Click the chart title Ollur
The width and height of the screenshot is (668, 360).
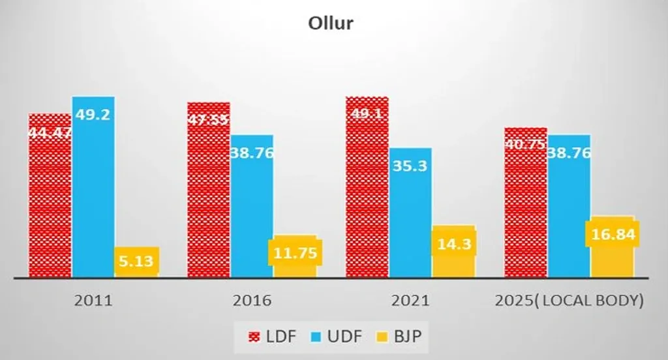(330, 23)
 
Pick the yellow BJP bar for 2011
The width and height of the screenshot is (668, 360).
(136, 262)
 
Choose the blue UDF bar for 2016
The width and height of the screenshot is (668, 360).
(252, 209)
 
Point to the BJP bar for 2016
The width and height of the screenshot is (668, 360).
(295, 256)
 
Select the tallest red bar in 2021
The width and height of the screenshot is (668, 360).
(367, 189)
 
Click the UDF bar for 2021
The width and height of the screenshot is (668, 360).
(410, 215)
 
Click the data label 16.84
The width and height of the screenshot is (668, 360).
(612, 234)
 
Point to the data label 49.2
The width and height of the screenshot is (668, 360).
(93, 114)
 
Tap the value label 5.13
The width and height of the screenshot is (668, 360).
(136, 262)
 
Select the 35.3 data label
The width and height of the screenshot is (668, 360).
(410, 166)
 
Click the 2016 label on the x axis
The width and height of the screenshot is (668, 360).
(252, 301)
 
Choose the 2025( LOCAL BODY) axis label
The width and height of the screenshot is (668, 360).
(569, 301)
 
